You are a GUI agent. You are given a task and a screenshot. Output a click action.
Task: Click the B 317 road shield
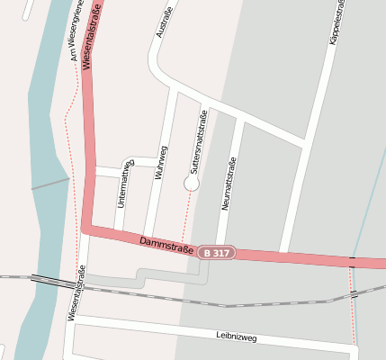pos(217,253)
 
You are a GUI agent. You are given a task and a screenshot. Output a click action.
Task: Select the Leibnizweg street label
pos(237,337)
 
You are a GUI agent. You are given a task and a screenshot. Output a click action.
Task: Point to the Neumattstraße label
pos(228,184)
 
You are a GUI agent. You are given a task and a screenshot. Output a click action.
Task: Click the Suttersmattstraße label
pos(198,141)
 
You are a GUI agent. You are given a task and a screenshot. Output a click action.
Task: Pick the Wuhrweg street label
pos(161,164)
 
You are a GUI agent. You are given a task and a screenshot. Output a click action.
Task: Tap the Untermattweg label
pos(123,184)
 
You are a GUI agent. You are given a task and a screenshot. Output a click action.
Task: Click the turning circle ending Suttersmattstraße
pos(191,183)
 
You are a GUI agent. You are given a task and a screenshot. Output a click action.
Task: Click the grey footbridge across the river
pos(50,184)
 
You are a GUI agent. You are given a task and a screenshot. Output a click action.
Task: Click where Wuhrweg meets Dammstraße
pos(147,238)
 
